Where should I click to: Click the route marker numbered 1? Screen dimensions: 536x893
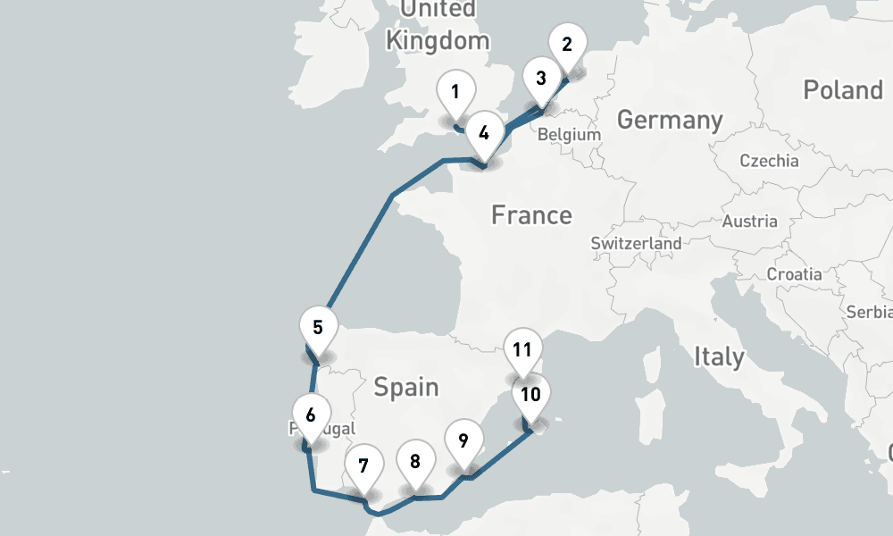455,92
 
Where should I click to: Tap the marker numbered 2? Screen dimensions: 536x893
567,45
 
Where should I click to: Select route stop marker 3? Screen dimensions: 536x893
540,78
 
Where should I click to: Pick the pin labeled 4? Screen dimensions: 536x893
483,133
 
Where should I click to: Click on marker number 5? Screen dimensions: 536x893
318,327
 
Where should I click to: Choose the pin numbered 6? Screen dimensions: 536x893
310,415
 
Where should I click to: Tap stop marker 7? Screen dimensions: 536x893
363,465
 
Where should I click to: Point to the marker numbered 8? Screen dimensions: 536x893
415,462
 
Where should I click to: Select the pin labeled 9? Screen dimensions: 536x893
463,440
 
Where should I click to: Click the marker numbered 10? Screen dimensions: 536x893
530,395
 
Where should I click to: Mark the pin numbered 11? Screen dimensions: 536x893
522,349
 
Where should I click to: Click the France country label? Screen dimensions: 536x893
531,215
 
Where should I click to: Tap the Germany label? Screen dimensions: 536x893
670,120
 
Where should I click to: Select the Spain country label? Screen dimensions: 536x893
406,387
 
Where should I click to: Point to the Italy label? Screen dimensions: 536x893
719,357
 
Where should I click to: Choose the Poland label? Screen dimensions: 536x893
842,90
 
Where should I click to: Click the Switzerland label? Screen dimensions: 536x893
636,243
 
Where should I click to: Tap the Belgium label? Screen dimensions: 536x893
569,134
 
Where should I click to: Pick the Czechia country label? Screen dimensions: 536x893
769,161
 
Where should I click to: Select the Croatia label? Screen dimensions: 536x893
794,274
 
